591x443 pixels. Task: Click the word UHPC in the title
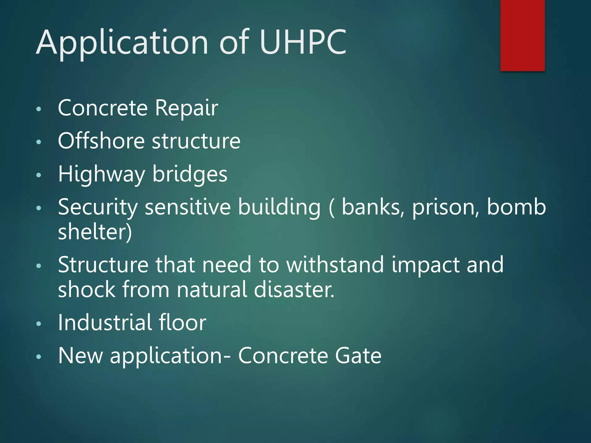(303, 42)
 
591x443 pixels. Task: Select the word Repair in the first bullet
(186, 108)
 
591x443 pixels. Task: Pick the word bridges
(190, 175)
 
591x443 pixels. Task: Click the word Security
(98, 208)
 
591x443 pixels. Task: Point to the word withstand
(335, 264)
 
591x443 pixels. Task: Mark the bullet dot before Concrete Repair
(39, 109)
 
